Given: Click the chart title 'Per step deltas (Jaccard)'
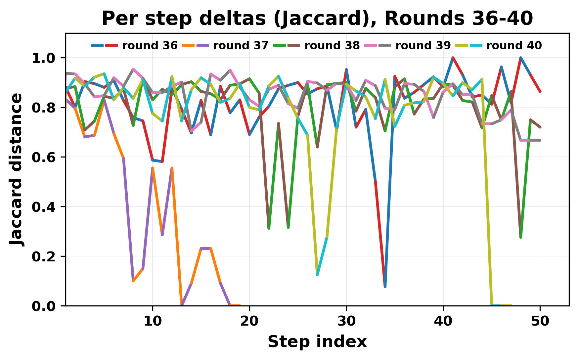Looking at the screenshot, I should (x=317, y=19).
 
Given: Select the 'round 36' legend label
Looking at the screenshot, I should (x=150, y=46).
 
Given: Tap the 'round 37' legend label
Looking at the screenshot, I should (x=241, y=46).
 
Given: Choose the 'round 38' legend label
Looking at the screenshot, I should (x=332, y=46).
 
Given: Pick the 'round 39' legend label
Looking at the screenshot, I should (x=423, y=46).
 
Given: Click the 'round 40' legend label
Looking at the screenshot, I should (x=514, y=46).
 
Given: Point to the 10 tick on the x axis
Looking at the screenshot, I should (x=153, y=321).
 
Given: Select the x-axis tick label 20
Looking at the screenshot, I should (x=249, y=321).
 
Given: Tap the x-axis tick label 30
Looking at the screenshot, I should (x=346, y=321).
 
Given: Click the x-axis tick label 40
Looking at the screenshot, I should (x=443, y=321).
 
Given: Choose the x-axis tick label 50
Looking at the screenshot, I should (x=540, y=321).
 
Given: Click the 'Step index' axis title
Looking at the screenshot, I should (x=317, y=342).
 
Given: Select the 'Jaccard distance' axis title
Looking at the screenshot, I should (x=17, y=169).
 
